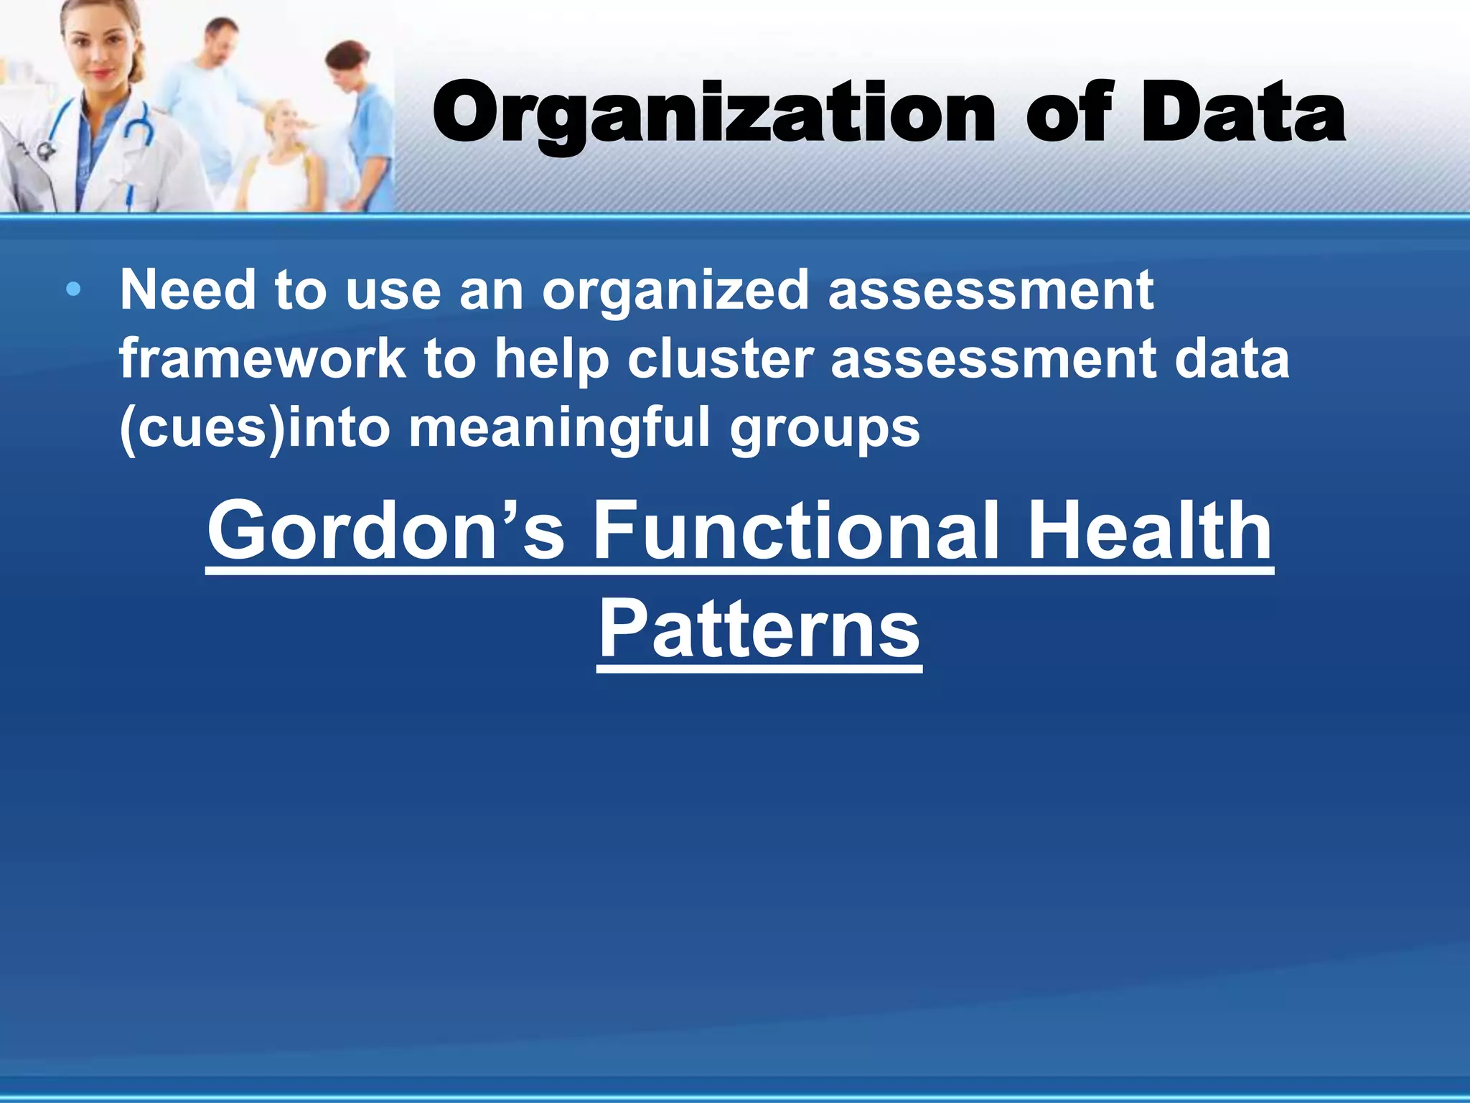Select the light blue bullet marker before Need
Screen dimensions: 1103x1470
coord(73,291)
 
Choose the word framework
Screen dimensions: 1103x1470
coord(261,359)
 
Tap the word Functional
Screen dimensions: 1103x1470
coord(797,531)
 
